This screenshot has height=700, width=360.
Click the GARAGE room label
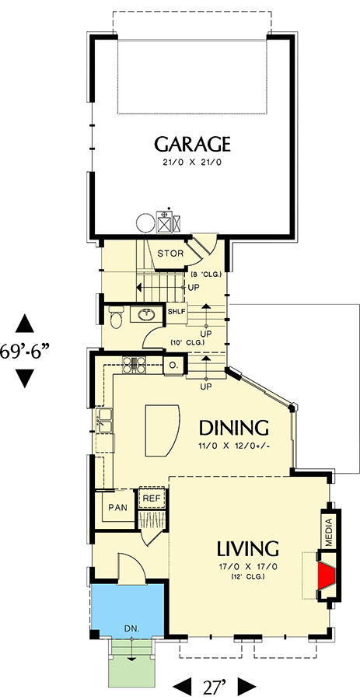[192, 144]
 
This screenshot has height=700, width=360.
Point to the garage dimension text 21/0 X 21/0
[192, 163]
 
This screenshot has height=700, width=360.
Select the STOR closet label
[170, 254]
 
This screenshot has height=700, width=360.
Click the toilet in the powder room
[116, 318]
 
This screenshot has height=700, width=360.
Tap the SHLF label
[177, 312]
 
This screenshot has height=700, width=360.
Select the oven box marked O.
[173, 364]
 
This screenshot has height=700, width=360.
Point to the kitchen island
[161, 430]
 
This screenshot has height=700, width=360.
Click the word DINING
[233, 428]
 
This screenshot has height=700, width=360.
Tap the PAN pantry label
[117, 507]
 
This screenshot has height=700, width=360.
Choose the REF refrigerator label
[150, 498]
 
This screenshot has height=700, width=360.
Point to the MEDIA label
[329, 532]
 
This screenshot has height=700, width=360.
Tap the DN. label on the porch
[130, 625]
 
